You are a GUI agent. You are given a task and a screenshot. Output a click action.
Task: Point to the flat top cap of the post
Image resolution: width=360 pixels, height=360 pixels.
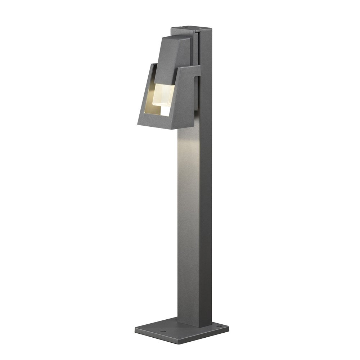coord(185,29)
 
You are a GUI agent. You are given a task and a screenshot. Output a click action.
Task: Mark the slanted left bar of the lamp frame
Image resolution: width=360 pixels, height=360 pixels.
coord(144,94)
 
